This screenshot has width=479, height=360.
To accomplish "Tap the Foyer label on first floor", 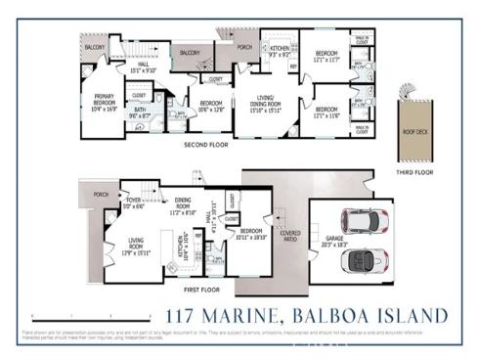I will [x=134, y=203].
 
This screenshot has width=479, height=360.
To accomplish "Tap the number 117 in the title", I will [x=182, y=316].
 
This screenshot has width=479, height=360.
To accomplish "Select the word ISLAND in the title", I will [x=412, y=316].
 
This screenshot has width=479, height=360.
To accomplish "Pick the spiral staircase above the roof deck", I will [x=410, y=94].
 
